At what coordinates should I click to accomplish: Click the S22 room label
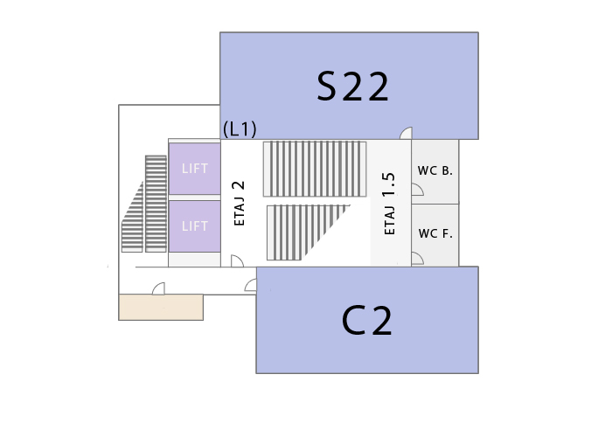(352, 87)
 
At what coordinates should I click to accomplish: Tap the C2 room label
(367, 321)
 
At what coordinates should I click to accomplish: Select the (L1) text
(240, 129)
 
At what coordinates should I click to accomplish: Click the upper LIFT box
(195, 169)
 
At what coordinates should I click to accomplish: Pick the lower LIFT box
(195, 226)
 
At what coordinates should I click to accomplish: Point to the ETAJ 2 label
(240, 204)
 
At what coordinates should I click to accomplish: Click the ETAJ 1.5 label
(390, 204)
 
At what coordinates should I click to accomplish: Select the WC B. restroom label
(435, 171)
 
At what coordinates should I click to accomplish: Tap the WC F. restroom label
(435, 233)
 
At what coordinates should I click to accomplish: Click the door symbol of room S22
(406, 133)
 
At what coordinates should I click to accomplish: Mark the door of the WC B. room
(417, 190)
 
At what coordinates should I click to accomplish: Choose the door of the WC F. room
(417, 259)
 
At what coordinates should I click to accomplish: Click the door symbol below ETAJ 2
(237, 261)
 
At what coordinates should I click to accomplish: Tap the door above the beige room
(158, 288)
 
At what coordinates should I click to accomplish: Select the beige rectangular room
(161, 308)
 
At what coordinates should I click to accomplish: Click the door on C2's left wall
(251, 285)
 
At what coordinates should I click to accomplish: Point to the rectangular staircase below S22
(315, 169)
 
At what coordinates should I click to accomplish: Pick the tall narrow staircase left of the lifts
(156, 204)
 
